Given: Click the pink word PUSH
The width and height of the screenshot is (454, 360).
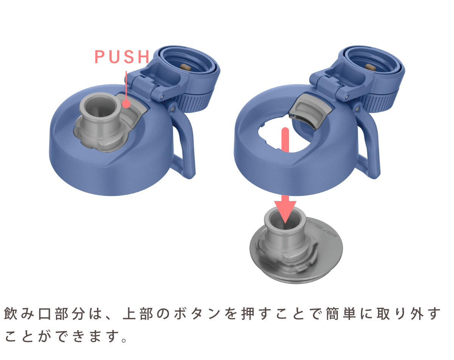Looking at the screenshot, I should [122, 57].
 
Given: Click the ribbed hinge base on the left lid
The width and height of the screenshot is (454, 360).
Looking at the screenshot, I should [197, 100].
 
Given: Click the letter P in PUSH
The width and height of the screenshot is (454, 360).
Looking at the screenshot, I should [99, 57].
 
